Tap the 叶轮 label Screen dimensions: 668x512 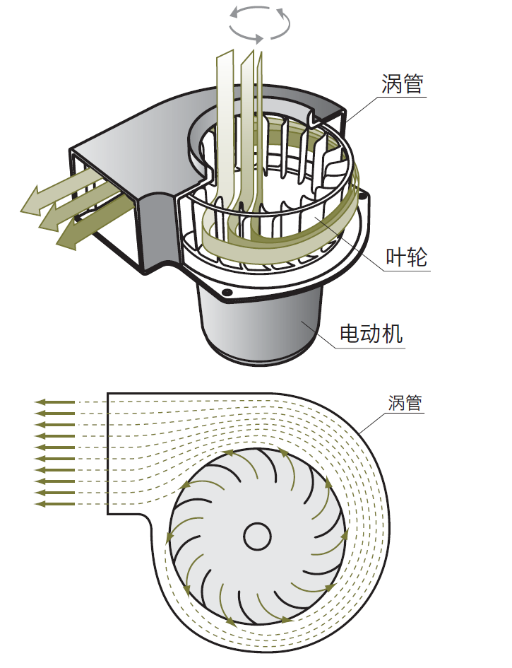[x=407, y=257]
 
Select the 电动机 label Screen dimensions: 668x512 [x=371, y=333]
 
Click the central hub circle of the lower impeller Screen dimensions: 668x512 [x=258, y=536]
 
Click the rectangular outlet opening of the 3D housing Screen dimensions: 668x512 [x=106, y=205]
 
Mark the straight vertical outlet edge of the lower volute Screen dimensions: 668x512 [x=107, y=452]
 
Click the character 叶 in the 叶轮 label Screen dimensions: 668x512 [x=396, y=257]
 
